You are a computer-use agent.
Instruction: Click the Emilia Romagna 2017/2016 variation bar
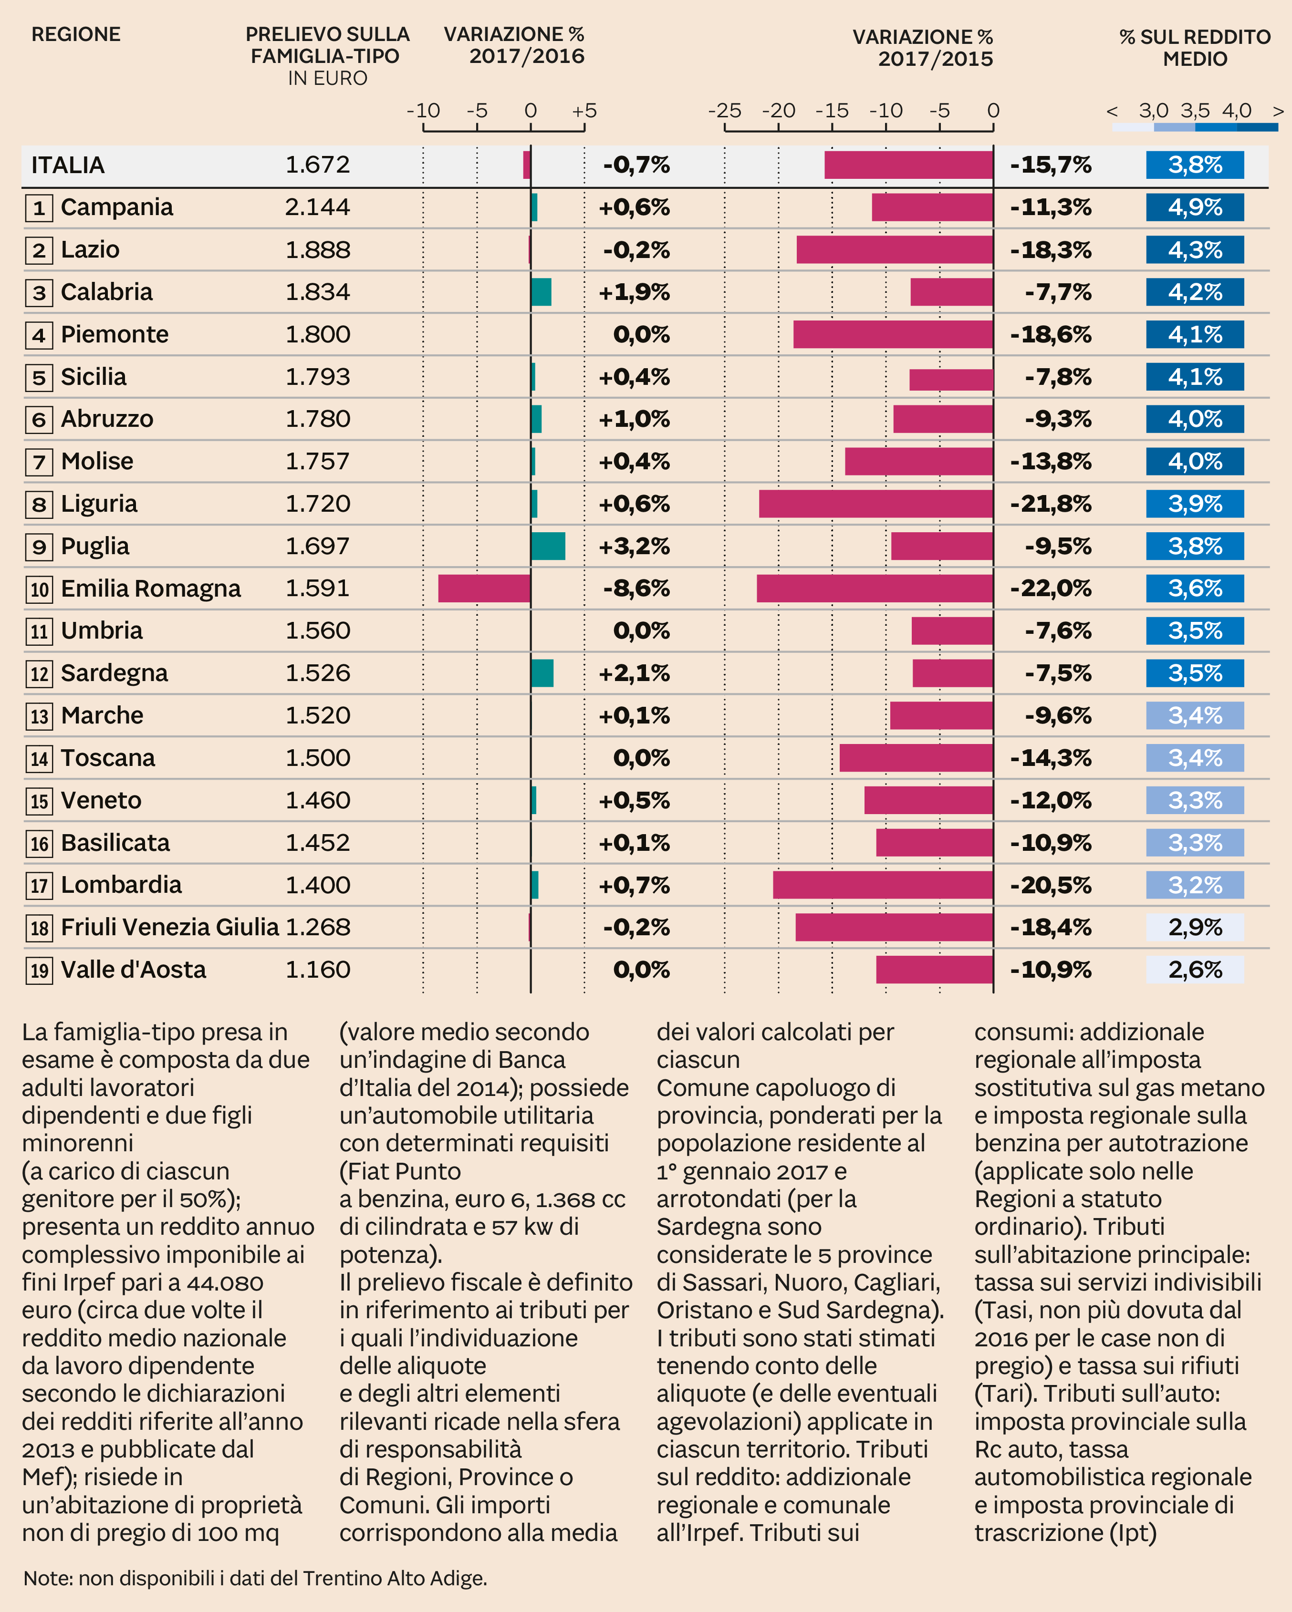pos(484,589)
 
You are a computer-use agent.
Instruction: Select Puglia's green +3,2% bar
pos(548,546)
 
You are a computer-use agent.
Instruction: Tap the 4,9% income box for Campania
pos(1195,207)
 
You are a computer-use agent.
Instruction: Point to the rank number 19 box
pos(39,971)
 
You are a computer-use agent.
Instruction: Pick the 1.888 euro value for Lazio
pos(317,250)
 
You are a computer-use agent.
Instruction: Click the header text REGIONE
pos(75,34)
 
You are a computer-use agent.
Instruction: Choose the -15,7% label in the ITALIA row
pos(1051,165)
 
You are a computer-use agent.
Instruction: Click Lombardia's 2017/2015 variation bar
pos(883,885)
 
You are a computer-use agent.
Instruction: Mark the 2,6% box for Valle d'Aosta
pos(1195,970)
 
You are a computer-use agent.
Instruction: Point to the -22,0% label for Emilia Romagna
pos(1051,589)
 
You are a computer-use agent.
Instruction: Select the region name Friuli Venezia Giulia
pos(170,927)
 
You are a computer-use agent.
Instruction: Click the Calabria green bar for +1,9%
pos(541,291)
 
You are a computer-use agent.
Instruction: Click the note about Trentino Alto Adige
pos(255,1578)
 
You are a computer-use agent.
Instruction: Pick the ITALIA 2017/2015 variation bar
pos(908,165)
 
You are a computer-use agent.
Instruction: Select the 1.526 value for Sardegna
pos(317,673)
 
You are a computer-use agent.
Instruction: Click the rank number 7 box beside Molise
pos(39,462)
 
